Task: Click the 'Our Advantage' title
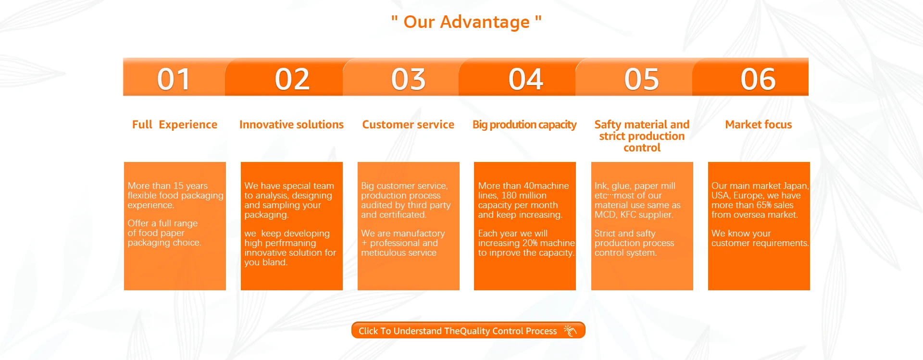466,22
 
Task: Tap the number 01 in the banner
174,79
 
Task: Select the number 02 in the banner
292,79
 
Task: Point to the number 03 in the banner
409,79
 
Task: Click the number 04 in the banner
526,79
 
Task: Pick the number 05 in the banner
642,79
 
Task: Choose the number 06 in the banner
759,79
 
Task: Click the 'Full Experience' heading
175,124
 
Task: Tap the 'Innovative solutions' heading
291,124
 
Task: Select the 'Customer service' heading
408,124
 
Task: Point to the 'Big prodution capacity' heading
524,125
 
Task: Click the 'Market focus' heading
759,124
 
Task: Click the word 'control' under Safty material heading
642,148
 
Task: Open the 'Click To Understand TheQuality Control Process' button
468,330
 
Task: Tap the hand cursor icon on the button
570,331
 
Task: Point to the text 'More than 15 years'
168,186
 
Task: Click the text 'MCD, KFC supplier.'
634,215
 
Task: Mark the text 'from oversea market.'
755,215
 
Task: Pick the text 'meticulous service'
399,253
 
